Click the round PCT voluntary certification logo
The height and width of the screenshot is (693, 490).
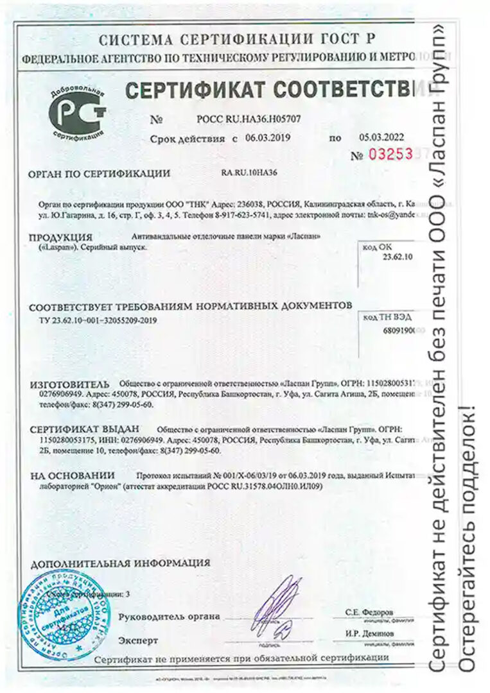point(78,114)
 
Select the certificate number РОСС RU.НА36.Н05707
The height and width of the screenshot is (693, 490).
point(243,119)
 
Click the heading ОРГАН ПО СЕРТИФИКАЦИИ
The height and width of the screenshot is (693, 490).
point(100,173)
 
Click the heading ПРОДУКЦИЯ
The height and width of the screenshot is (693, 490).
point(60,237)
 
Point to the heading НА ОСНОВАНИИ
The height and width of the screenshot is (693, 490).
point(72,475)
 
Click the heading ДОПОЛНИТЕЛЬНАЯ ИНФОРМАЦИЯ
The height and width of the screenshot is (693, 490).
point(119,563)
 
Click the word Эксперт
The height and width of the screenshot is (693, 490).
point(137,640)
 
